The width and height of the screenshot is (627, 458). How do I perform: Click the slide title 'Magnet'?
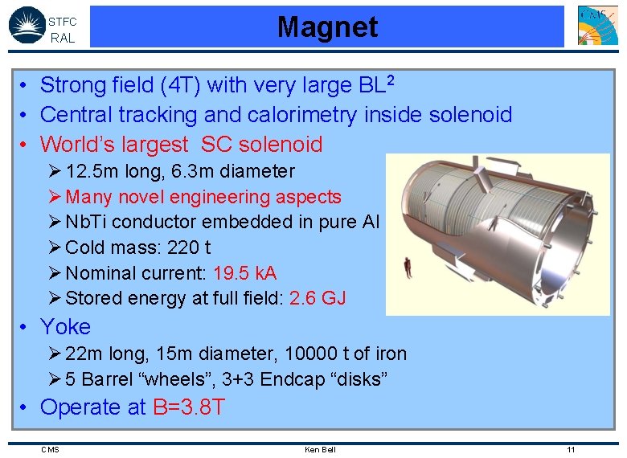point(327,27)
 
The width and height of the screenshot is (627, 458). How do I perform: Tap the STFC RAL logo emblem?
point(27,25)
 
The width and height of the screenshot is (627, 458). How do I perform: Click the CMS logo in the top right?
point(598,25)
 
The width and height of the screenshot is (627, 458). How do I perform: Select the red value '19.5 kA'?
point(244,273)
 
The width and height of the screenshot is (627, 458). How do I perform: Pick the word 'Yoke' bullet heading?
point(65,327)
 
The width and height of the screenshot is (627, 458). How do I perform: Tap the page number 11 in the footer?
point(571,449)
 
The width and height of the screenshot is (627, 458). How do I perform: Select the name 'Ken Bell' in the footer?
point(320,449)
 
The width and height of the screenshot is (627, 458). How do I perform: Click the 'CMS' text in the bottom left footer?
point(50,449)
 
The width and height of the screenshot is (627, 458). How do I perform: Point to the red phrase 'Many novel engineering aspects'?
point(203,197)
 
